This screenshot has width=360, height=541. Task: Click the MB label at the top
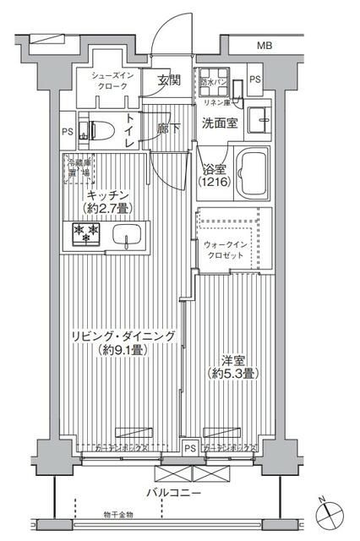[265, 45]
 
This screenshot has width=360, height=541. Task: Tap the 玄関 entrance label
[169, 80]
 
